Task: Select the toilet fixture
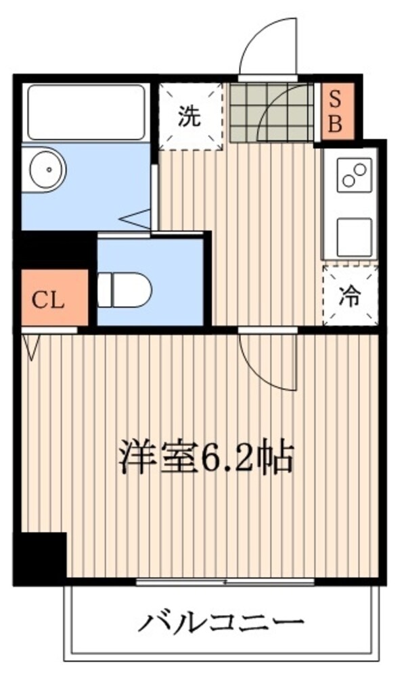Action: [x=125, y=290]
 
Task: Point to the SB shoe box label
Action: [x=335, y=112]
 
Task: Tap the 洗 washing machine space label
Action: [x=189, y=116]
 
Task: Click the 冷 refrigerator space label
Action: [x=350, y=297]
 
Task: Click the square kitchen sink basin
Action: [x=354, y=237]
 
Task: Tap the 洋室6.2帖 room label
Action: [x=206, y=458]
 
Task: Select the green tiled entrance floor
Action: [x=271, y=113]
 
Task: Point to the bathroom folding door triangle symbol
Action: [x=135, y=218]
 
